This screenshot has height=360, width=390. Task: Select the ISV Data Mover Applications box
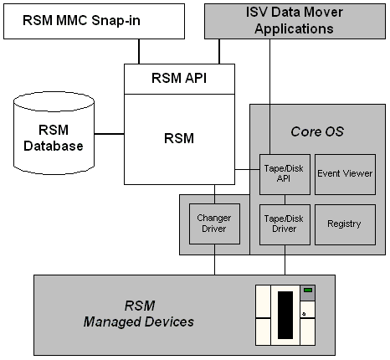tap(296, 20)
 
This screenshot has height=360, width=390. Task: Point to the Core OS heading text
tap(316, 131)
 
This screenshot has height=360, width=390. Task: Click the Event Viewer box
tap(344, 174)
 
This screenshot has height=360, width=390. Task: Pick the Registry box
tap(344, 224)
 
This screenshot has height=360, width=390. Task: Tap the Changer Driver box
tap(213, 224)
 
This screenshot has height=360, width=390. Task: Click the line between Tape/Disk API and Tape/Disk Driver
tap(285, 199)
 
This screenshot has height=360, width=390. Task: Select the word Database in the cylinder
tap(54, 147)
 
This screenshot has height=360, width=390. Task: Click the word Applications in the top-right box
tap(296, 28)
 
